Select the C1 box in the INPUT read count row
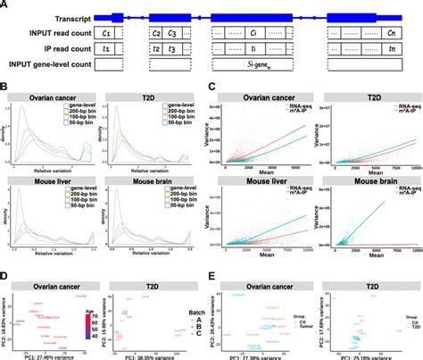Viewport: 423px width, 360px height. pyautogui.click(x=107, y=32)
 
